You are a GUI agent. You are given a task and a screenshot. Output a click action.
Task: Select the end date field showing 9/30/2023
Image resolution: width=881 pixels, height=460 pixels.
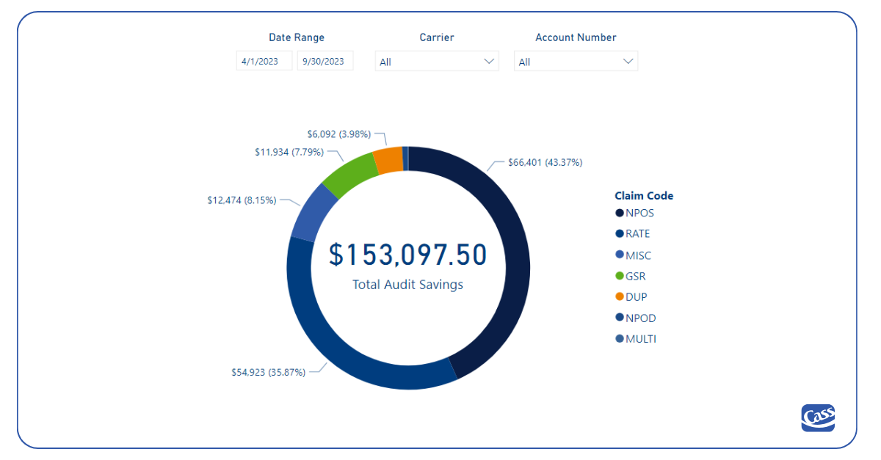[325, 62]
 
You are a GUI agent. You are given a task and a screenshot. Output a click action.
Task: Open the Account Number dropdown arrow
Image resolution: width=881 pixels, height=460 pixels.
[628, 62]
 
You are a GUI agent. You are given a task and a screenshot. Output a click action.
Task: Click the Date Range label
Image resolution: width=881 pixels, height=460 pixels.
[296, 37]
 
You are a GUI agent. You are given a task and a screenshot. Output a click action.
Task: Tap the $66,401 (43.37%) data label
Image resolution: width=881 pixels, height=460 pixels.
[545, 163]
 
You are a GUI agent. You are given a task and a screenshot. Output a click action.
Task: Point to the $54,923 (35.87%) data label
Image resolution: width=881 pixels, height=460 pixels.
[268, 372]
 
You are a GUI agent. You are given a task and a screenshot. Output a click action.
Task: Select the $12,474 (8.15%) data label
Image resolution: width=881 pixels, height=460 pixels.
[242, 200]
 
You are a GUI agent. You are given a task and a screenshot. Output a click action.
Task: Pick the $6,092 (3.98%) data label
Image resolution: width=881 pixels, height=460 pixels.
[338, 134]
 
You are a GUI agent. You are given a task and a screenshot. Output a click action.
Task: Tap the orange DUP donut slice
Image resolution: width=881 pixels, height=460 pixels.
[388, 160]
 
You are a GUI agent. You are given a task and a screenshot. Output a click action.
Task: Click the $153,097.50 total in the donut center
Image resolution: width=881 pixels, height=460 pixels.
[407, 255]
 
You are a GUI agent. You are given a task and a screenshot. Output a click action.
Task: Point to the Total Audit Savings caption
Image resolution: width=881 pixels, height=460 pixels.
[407, 285]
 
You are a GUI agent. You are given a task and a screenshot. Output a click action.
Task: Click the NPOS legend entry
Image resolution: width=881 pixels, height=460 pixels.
[639, 213]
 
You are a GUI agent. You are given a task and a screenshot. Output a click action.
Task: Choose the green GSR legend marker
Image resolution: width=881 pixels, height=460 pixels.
[620, 277]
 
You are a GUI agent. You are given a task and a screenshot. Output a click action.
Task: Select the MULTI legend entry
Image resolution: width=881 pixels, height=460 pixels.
[640, 339]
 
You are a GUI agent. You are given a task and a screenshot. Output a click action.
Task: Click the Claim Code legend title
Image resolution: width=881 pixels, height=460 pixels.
[644, 196]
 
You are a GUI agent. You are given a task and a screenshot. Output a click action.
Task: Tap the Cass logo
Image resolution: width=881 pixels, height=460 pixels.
[818, 417]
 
